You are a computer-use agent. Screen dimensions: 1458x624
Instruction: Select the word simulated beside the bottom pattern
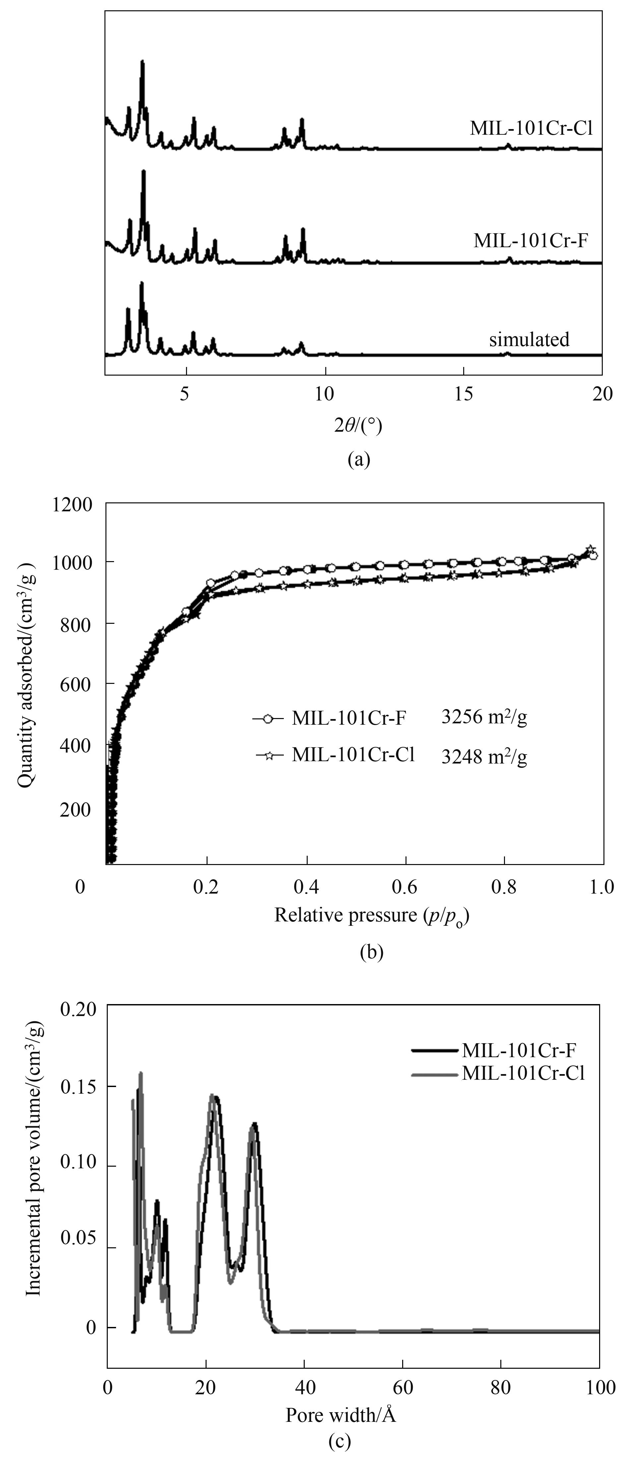(x=529, y=339)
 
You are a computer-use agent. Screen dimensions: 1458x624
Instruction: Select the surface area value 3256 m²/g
(x=484, y=718)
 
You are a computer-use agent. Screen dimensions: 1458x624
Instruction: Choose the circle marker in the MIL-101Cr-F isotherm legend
(x=269, y=719)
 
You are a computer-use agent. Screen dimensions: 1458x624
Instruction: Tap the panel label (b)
(x=372, y=952)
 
